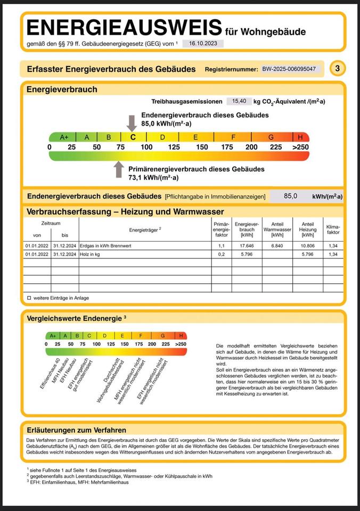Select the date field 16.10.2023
[203, 44]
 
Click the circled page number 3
[337, 69]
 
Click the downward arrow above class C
[132, 122]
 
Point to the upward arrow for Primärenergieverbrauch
[119, 170]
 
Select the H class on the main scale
[300, 137]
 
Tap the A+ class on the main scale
[64, 137]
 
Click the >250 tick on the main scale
[300, 147]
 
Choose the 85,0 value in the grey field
[290, 196]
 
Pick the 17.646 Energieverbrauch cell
[247, 246]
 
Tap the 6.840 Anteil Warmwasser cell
[277, 246]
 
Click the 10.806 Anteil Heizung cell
[308, 246]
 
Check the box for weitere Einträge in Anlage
[29, 298]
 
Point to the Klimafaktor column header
[333, 229]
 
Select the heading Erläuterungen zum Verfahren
[77, 430]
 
